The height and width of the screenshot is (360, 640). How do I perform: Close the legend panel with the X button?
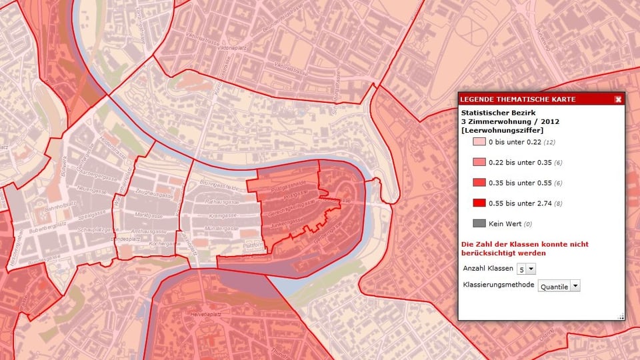618,99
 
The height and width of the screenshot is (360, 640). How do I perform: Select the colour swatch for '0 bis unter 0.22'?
479,142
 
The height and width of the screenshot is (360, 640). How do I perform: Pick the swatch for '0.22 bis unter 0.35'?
479,162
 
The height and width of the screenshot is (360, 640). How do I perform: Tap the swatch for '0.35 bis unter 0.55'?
479,183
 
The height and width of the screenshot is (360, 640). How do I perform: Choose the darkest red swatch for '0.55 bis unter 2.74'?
479,203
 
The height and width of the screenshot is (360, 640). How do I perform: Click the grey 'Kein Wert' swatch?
479,223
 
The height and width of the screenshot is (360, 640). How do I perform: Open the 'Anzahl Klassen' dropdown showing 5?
526,269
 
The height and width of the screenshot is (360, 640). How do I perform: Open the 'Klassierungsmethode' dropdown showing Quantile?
559,285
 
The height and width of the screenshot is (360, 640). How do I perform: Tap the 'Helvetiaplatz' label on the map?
207,313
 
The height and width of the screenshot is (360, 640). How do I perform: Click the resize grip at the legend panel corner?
621,316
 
